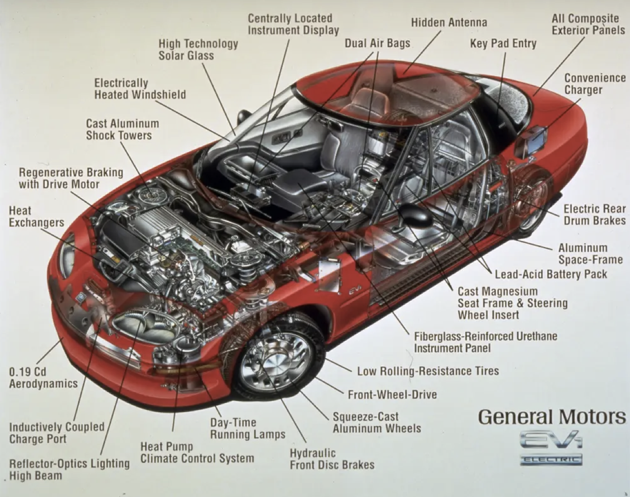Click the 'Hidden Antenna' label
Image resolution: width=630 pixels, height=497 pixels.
tap(449, 23)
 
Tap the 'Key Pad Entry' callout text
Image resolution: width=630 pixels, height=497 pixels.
tap(503, 44)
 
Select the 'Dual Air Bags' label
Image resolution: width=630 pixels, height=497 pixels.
tap(378, 43)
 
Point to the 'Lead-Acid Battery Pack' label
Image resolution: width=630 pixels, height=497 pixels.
tap(551, 274)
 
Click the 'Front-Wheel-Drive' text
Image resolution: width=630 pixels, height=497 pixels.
tap(392, 395)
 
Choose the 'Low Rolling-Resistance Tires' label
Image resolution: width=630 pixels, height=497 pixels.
tap(428, 371)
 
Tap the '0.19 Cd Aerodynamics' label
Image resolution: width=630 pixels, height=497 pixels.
tap(43, 378)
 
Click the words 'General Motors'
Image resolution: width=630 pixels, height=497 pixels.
tap(552, 417)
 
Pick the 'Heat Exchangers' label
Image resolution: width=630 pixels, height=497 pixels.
tap(36, 217)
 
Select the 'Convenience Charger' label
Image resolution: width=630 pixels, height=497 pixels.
tap(595, 84)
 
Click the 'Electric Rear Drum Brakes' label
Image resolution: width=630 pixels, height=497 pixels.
tap(595, 215)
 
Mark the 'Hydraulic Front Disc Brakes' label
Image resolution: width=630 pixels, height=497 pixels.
tap(332, 459)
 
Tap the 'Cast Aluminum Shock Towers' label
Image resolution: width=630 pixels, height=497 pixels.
tap(123, 129)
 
